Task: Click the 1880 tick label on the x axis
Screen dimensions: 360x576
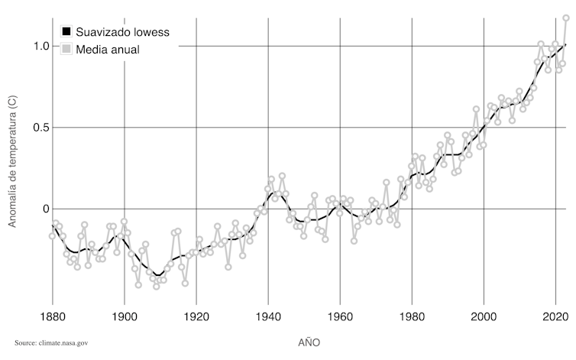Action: (52, 316)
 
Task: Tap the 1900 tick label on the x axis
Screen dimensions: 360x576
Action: (124, 316)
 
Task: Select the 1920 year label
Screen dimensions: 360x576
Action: (196, 316)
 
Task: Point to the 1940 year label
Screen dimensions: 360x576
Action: (268, 316)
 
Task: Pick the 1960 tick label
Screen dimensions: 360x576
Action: (340, 316)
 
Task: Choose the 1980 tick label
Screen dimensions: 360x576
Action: (412, 316)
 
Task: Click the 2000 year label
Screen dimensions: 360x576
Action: (484, 316)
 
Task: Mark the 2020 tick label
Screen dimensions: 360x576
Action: (555, 316)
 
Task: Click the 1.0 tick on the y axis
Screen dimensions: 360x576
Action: (41, 46)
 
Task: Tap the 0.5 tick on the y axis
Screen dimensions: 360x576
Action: (41, 128)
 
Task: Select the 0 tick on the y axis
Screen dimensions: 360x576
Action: (46, 209)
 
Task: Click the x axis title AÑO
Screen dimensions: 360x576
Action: (309, 342)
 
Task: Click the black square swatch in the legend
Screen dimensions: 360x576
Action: (66, 33)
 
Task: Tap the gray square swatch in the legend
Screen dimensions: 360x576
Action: (66, 50)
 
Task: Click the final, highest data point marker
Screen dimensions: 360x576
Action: (566, 18)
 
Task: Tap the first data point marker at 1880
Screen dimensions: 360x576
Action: (53, 236)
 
